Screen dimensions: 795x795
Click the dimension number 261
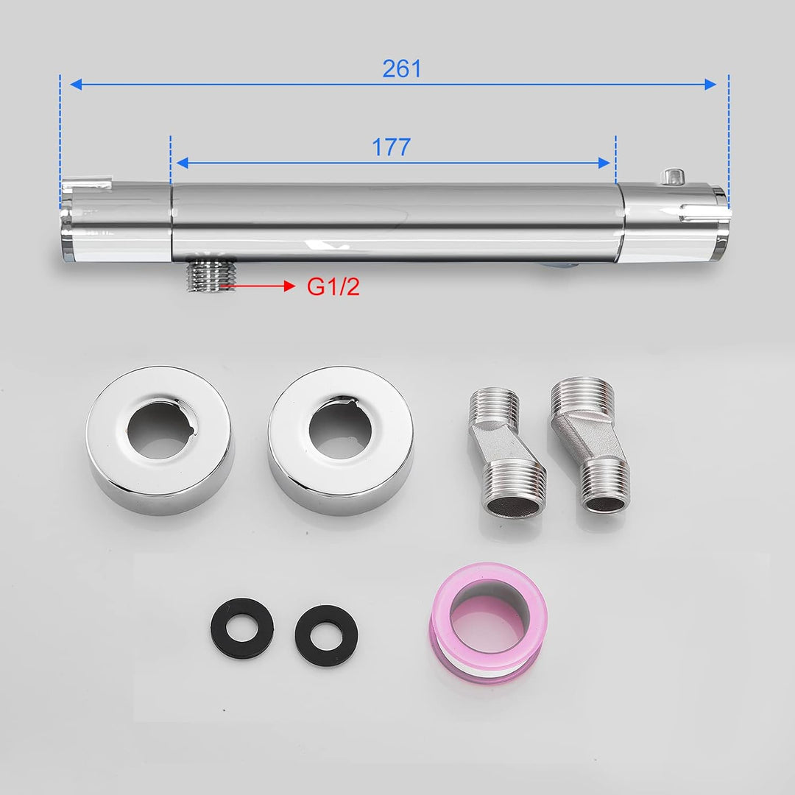point(402,68)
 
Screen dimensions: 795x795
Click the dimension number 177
point(390,147)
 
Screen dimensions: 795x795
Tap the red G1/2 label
point(333,287)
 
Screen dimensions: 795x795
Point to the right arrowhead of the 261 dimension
point(710,85)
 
